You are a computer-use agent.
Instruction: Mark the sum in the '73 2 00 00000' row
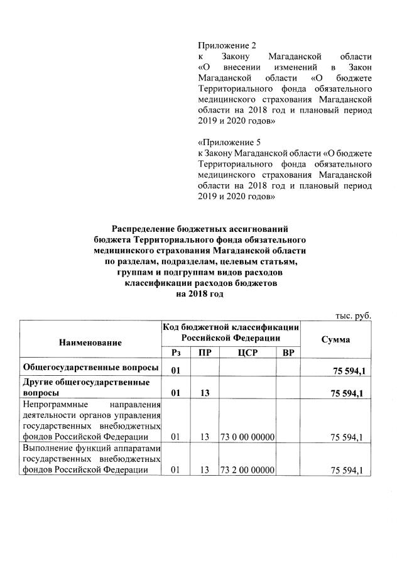pos(347,471)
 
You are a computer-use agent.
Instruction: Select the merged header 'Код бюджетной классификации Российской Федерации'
pos(230,332)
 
